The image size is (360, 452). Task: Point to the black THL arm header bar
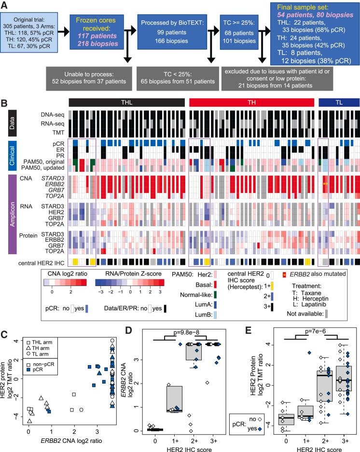click(126, 102)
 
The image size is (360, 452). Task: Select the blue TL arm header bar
click(339, 102)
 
